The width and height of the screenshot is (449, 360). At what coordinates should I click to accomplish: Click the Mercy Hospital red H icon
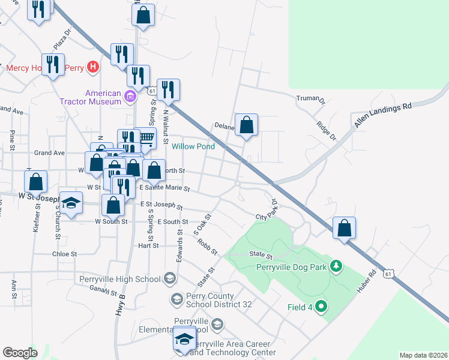click(x=92, y=67)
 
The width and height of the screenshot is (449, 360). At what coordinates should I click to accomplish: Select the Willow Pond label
click(x=193, y=146)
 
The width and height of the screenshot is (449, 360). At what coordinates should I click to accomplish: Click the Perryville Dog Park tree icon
click(x=337, y=265)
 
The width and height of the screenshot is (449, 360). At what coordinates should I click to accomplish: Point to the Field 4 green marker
click(x=321, y=307)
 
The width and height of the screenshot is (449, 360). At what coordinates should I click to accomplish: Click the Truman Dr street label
click(x=310, y=98)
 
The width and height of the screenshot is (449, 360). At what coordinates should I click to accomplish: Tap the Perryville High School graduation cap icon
click(x=170, y=278)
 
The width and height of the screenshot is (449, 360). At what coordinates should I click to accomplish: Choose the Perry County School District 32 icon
click(x=176, y=298)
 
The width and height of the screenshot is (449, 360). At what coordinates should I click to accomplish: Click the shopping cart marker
click(x=146, y=138)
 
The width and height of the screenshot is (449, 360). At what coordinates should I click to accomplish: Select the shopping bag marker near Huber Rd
click(x=344, y=228)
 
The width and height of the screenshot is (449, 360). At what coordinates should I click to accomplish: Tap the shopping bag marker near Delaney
click(x=246, y=125)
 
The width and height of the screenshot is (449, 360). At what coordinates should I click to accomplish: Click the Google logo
click(x=20, y=352)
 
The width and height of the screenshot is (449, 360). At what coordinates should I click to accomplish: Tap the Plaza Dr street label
click(x=62, y=41)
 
